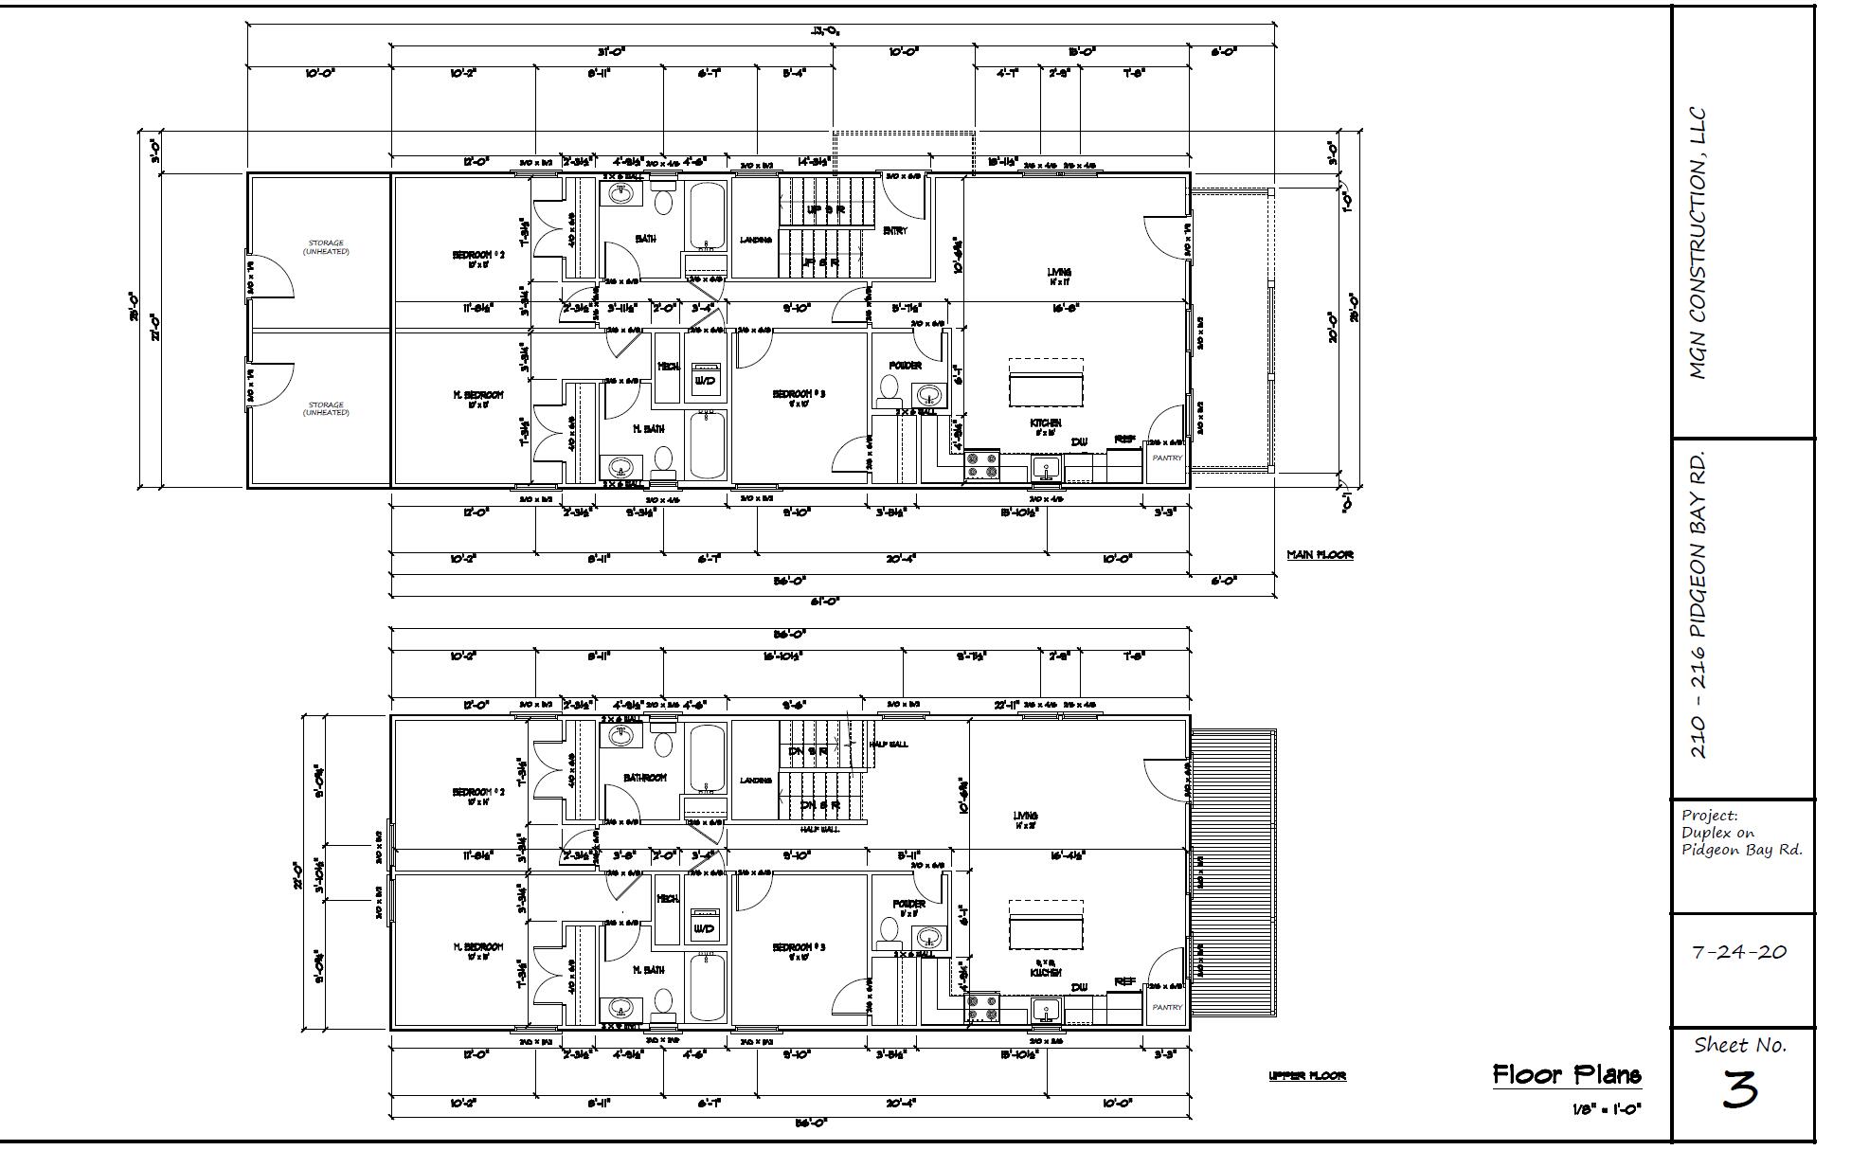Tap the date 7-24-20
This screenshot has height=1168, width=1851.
(1739, 952)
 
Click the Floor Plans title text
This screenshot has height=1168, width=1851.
(1567, 1074)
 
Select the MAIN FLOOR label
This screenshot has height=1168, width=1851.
(1320, 554)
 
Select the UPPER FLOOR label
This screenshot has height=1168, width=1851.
(1307, 1075)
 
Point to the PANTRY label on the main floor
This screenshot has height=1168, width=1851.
(1167, 458)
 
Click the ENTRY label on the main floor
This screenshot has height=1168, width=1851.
(894, 230)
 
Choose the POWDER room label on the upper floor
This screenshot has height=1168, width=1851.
(908, 904)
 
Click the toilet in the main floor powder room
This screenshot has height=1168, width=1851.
(890, 389)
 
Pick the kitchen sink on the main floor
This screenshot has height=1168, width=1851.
(1046, 467)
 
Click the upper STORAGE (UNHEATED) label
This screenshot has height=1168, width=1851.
(326, 247)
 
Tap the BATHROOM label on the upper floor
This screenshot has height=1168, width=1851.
(644, 778)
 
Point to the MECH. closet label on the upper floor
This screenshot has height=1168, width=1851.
(668, 898)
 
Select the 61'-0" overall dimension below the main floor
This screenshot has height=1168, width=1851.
(833, 601)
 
